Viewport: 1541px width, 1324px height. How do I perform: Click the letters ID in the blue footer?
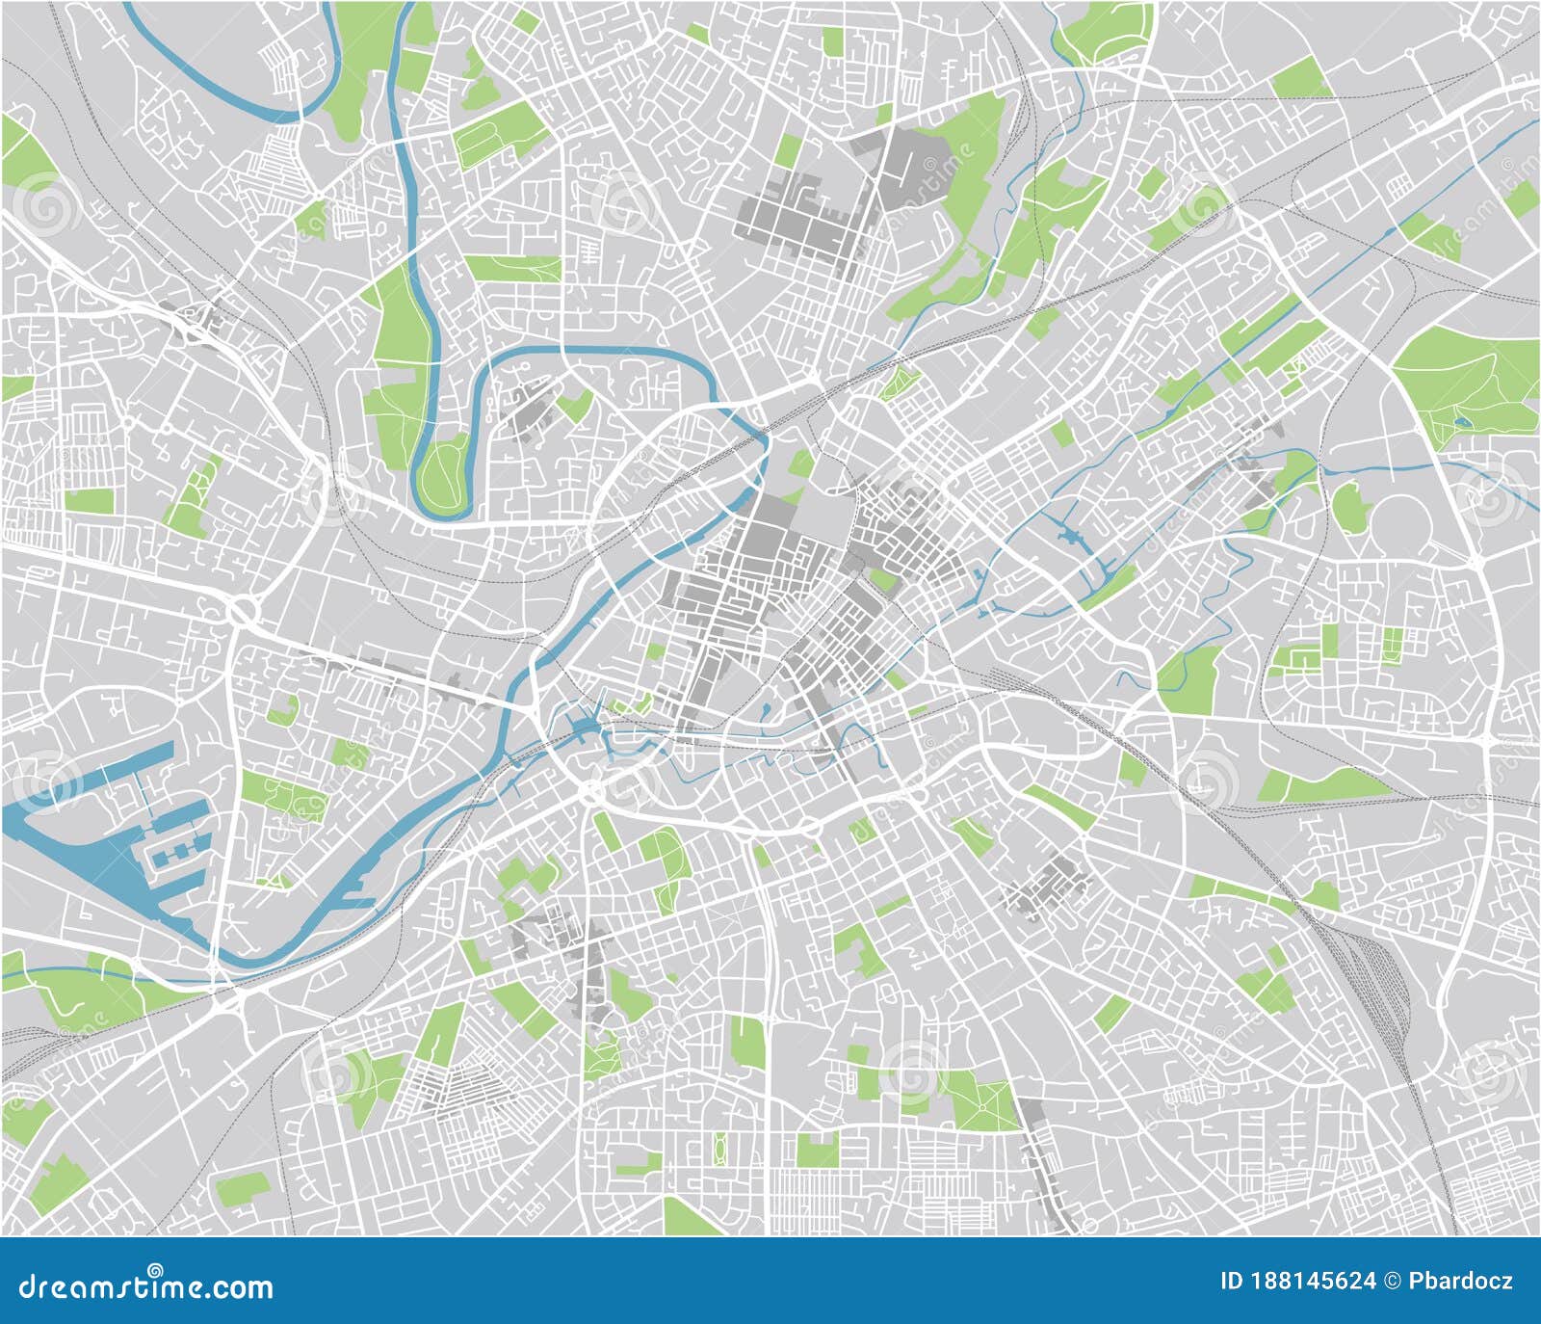pos(1232,1282)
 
